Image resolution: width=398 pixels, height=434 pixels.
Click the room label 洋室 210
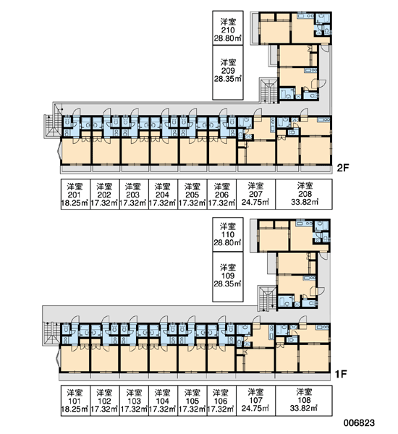click(228, 26)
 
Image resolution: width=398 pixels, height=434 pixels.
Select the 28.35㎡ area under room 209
click(228, 79)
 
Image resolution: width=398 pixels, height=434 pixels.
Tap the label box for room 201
click(75, 195)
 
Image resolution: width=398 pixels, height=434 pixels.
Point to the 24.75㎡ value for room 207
click(255, 203)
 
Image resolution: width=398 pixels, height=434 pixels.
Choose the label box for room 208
click(304, 195)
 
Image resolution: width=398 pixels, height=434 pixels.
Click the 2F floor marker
click(343, 168)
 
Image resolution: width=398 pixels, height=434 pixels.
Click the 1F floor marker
click(341, 374)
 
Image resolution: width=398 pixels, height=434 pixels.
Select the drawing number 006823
click(359, 422)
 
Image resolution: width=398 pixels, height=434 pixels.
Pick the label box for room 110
click(228, 234)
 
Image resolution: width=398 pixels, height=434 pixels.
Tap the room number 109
click(228, 276)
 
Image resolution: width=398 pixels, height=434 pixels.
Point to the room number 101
click(75, 401)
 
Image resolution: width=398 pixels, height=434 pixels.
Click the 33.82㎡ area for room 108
click(304, 408)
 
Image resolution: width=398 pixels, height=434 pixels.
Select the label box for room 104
click(163, 401)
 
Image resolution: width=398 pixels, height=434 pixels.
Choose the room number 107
click(255, 400)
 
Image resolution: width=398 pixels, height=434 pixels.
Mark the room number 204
click(162, 195)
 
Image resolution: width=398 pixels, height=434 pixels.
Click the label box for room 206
click(221, 195)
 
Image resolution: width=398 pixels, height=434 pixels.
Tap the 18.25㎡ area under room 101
click(75, 409)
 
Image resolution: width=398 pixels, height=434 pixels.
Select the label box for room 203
click(134, 195)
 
